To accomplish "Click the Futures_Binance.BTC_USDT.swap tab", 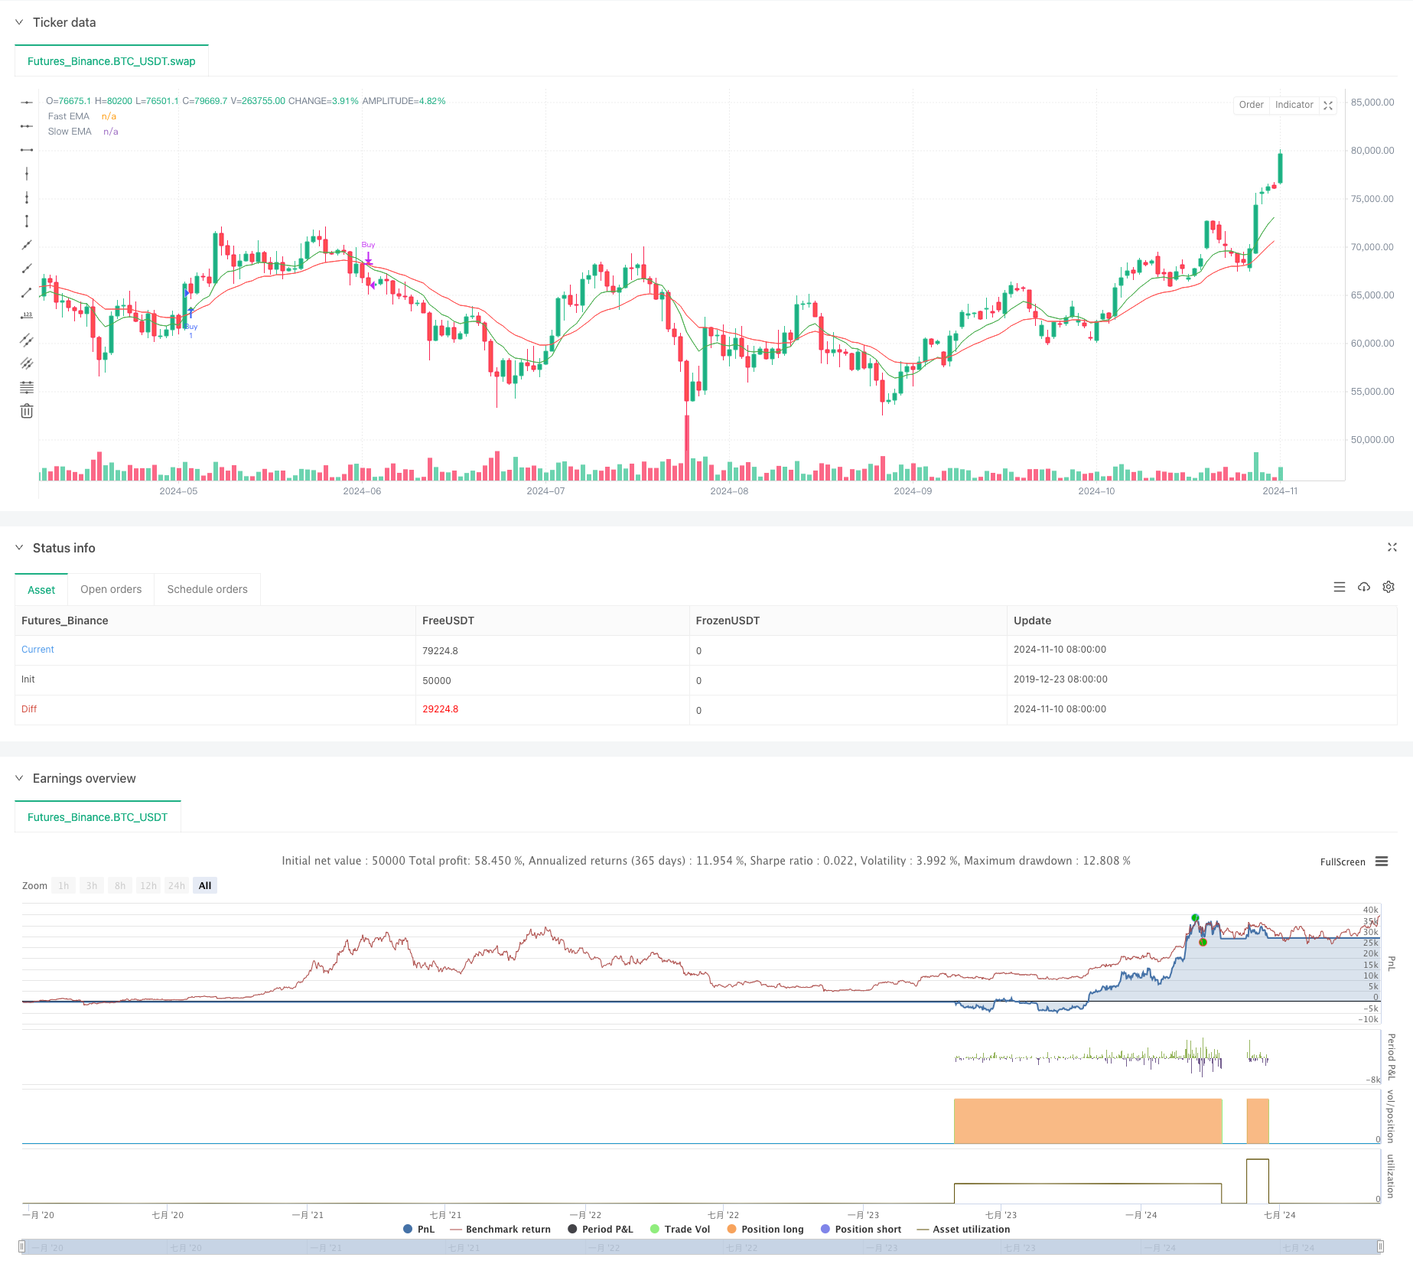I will [112, 61].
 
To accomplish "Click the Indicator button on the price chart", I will [1294, 105].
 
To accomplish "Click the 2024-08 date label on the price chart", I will [729, 491].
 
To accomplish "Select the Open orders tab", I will [111, 589].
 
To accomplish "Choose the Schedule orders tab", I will [207, 589].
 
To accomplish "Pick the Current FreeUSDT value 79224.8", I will [440, 650].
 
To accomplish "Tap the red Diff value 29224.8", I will [440, 709].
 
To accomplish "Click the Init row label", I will [28, 679].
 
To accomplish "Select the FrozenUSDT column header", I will [728, 621].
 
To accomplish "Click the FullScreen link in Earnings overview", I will [1342, 862].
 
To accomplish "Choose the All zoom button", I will [205, 885].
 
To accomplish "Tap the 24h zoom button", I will [177, 885].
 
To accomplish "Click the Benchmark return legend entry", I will [507, 1229].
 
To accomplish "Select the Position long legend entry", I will [772, 1229].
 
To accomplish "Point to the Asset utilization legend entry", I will [971, 1229].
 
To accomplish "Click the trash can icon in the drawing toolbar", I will [27, 412].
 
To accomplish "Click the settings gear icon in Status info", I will [1389, 587].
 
